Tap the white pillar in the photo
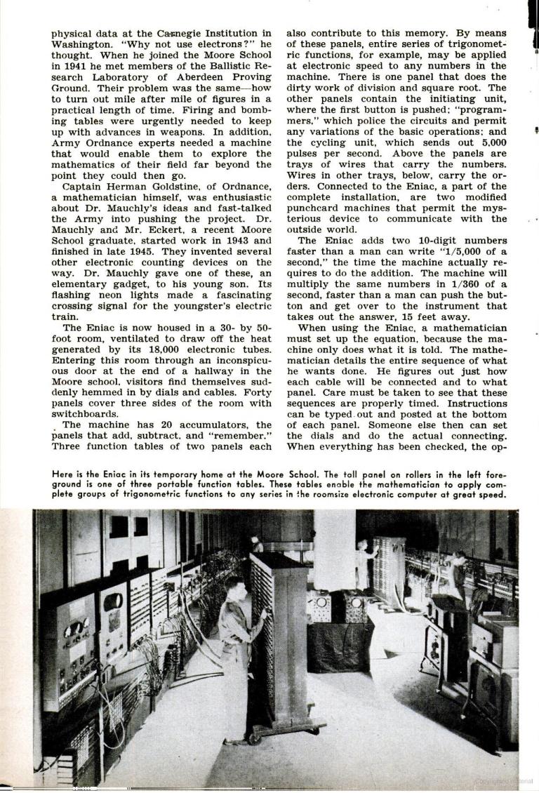point(334,551)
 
